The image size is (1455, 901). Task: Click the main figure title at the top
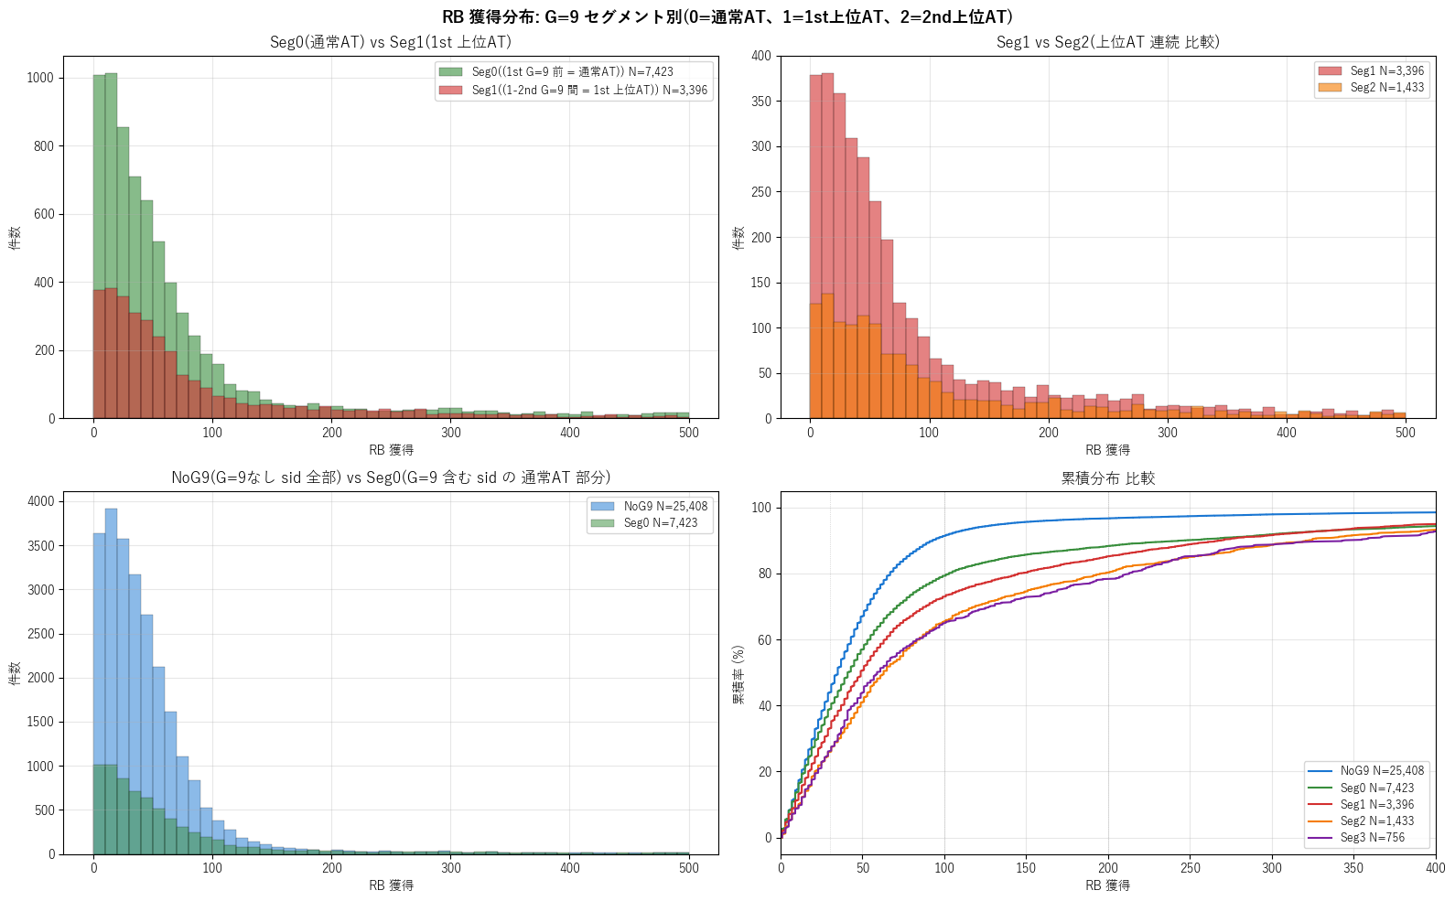727,16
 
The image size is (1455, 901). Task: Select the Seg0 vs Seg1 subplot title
391,42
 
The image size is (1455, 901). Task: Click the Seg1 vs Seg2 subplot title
1108,42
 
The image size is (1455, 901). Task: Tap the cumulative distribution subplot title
1108,478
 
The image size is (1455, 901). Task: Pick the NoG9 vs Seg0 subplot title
391,477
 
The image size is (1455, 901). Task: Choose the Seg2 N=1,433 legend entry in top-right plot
1371,87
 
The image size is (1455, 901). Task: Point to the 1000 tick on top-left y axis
40,78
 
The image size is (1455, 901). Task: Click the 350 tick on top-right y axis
761,102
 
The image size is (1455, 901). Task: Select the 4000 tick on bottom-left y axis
40,501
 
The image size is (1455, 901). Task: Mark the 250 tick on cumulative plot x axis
1190,868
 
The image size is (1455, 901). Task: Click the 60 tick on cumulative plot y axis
764,640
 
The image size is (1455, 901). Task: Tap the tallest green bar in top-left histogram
111,246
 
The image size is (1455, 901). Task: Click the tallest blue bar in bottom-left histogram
111,681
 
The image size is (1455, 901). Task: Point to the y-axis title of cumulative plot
738,675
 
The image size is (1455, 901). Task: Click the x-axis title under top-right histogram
1107,450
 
